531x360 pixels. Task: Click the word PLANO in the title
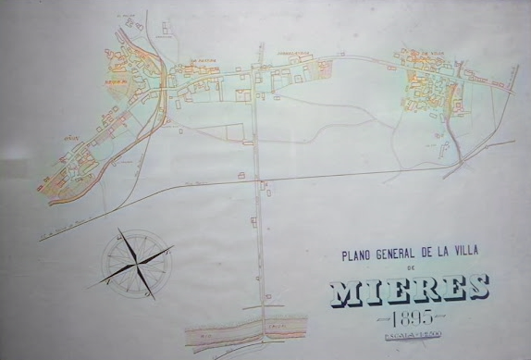356,255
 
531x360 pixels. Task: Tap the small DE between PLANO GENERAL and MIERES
413,268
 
